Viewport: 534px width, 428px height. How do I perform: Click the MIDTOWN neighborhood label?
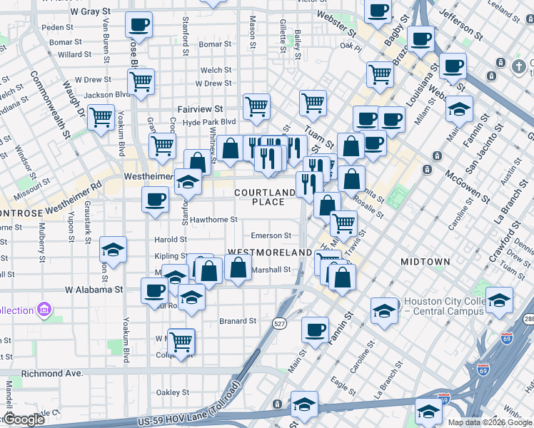pos(425,262)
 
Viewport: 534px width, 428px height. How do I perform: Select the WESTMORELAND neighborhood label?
pos(270,253)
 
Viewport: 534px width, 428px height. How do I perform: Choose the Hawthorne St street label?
pos(213,220)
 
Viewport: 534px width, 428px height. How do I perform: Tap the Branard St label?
pos(237,321)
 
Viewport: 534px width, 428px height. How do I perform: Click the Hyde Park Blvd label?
pos(209,122)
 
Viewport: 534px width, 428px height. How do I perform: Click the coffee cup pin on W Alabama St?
pos(154,290)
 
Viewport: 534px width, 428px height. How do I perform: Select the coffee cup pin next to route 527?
pos(315,329)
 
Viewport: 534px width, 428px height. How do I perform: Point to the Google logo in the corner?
pos(24,419)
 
